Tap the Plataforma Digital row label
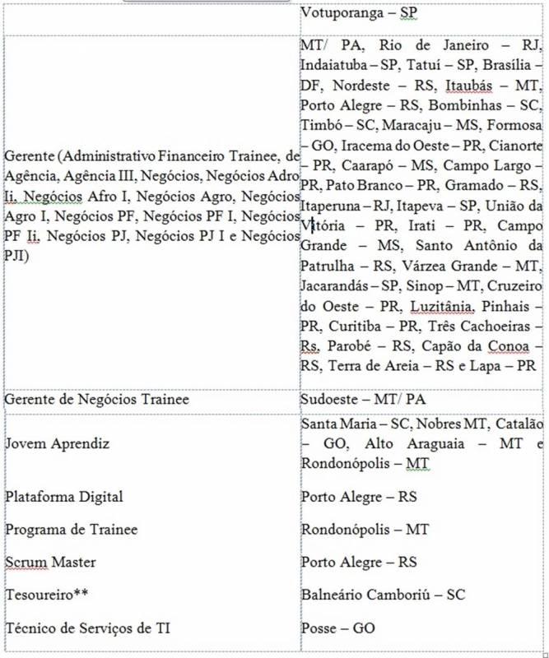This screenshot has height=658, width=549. tap(64, 497)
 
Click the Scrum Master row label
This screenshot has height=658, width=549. tap(50, 563)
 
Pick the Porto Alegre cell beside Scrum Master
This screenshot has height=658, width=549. tap(359, 563)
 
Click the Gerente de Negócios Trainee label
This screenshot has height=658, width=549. tap(97, 399)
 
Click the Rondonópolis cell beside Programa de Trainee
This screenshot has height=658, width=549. tap(362, 530)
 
